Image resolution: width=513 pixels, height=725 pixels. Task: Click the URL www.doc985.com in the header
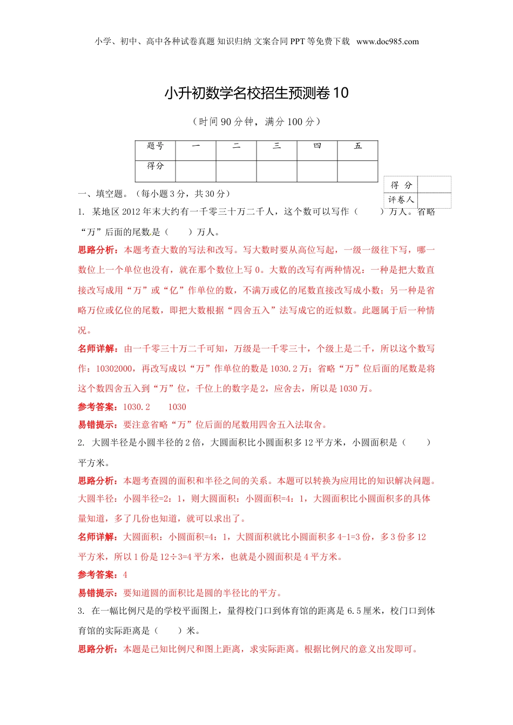coord(387,42)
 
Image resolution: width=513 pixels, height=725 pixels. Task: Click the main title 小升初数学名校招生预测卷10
coord(256,93)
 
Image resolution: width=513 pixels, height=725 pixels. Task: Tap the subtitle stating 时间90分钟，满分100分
coord(256,122)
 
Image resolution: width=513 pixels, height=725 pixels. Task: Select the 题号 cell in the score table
coord(155,146)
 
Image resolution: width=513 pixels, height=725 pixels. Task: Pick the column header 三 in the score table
coord(276,146)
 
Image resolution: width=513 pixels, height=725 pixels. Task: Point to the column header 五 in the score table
coord(357,146)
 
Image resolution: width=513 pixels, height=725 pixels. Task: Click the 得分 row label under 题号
coord(155,166)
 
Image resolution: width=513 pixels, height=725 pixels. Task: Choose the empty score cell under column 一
coord(195,171)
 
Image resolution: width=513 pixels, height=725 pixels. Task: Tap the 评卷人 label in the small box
coord(401,200)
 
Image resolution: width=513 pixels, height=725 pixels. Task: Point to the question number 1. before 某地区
coord(81,212)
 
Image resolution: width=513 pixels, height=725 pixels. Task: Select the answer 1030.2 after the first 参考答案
coord(137,407)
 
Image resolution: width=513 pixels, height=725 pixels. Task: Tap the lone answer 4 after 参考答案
coord(125,575)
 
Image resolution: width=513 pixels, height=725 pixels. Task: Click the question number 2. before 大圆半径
coord(81,443)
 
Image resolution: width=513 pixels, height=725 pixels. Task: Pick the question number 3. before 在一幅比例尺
coord(81,611)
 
